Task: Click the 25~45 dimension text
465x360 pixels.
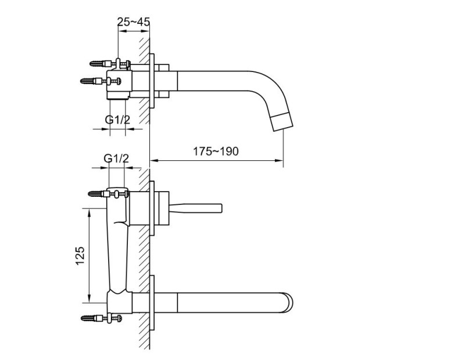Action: click(x=134, y=21)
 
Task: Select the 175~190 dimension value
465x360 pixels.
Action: click(x=216, y=151)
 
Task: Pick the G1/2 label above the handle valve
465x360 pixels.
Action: click(x=116, y=158)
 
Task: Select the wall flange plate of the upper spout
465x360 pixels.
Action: click(x=153, y=81)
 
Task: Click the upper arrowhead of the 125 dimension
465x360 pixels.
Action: click(x=89, y=213)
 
